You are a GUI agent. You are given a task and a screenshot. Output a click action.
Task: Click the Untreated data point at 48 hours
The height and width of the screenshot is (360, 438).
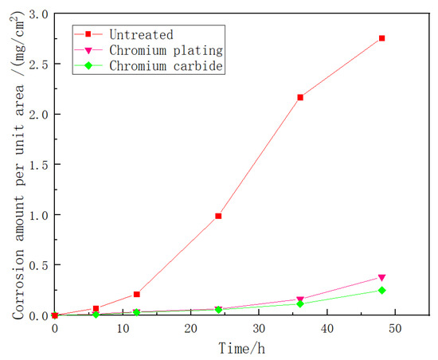(x=381, y=38)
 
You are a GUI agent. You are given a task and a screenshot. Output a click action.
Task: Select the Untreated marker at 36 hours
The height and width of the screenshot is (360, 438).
(x=300, y=97)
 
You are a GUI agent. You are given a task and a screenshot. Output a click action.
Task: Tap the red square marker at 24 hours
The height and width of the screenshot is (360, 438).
(x=218, y=216)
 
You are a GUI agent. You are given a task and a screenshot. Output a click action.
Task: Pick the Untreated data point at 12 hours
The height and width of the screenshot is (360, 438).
(x=136, y=295)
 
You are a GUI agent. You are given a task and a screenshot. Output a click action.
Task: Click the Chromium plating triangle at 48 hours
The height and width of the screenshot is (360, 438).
(x=381, y=277)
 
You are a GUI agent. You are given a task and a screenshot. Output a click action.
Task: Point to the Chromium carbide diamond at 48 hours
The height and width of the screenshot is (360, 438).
(x=381, y=290)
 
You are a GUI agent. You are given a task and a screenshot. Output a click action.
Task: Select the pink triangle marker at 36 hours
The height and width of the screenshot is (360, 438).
(x=300, y=299)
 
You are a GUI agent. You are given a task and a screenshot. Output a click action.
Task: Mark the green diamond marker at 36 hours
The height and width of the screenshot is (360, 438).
(x=300, y=304)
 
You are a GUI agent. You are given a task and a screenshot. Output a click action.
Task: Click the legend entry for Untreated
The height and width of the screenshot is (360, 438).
(x=143, y=34)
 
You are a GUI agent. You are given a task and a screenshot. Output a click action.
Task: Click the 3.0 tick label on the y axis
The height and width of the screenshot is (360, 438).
(x=37, y=14)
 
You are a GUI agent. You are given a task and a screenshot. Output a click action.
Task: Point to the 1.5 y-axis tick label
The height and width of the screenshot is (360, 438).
(x=37, y=165)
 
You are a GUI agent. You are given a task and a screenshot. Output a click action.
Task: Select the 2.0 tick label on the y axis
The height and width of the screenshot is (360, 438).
(x=37, y=115)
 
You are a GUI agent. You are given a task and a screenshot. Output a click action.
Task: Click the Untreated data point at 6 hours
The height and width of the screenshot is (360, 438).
(x=96, y=309)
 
